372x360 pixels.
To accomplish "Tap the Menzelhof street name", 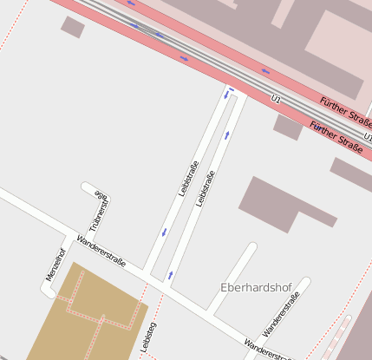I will click(55, 264).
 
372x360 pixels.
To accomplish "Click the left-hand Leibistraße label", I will click(187, 178).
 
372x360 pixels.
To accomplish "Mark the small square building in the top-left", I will click(73, 27).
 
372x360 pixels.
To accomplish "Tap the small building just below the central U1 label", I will click(288, 127).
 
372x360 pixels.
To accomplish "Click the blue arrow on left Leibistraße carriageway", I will click(164, 232).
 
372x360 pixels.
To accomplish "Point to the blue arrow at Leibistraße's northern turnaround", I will click(230, 89).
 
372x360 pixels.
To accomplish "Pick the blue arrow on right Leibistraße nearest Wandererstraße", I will click(170, 274).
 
